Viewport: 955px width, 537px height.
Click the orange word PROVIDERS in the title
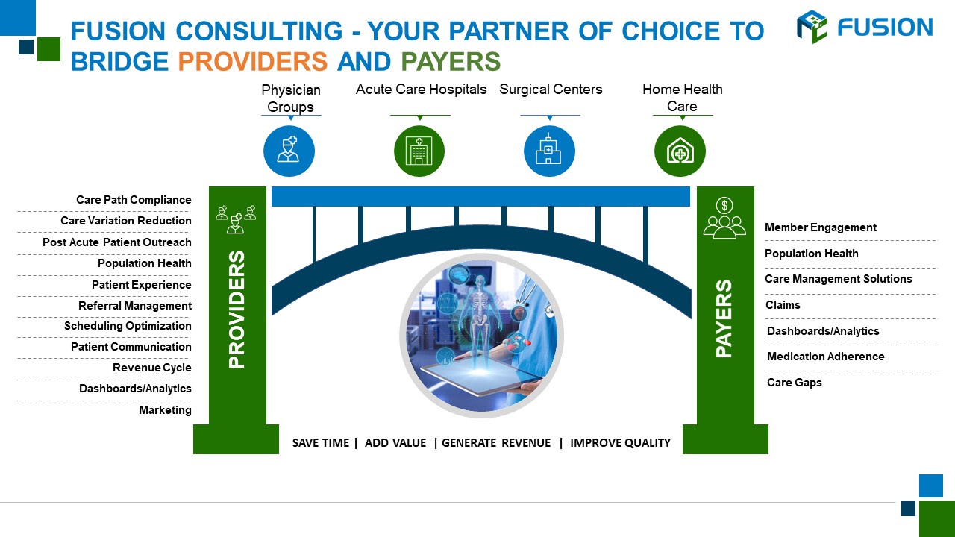click(x=253, y=61)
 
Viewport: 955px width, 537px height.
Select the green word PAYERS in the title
click(x=451, y=61)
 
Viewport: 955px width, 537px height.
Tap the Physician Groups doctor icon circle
click(x=289, y=151)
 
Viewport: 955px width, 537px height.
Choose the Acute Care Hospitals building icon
click(x=419, y=151)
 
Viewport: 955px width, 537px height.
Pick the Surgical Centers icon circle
click(x=549, y=151)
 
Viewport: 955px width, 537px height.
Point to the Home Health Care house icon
click(x=680, y=151)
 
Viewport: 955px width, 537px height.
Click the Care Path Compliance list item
click(x=134, y=200)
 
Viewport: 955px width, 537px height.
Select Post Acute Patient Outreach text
click(x=117, y=242)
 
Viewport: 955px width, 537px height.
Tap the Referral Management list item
click(x=135, y=306)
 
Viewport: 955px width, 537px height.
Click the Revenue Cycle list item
click(x=152, y=368)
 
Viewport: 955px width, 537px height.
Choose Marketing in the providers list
click(x=165, y=410)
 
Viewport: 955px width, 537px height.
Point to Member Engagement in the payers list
click(x=821, y=227)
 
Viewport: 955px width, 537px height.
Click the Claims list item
click(x=783, y=305)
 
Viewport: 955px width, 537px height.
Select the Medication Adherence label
click(x=825, y=357)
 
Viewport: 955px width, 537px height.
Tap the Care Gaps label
click(x=795, y=383)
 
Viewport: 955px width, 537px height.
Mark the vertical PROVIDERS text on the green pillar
click(x=237, y=309)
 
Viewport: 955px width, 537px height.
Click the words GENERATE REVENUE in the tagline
click(x=496, y=443)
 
